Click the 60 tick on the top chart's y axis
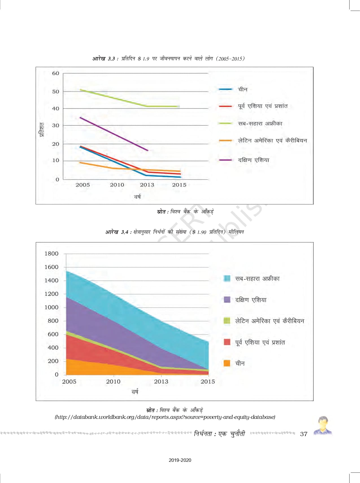pyautogui.click(x=56, y=73)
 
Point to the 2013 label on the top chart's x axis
pyautogui.click(x=147, y=185)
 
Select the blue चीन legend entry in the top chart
pyautogui.click(x=243, y=89)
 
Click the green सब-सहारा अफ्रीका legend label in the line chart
pyautogui.click(x=260, y=123)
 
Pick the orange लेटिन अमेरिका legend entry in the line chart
pyautogui.click(x=272, y=140)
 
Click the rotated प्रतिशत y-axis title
pyautogui.click(x=42, y=130)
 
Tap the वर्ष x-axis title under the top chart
pyautogui.click(x=137, y=197)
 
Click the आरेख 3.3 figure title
pyautogui.click(x=169, y=59)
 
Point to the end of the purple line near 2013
pyautogui.click(x=147, y=150)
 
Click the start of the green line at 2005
pyautogui.click(x=81, y=90)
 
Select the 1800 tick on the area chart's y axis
pyautogui.click(x=51, y=254)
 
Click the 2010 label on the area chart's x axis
pyautogui.click(x=113, y=382)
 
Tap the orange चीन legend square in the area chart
pyautogui.click(x=227, y=363)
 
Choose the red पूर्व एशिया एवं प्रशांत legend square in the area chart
pyautogui.click(x=227, y=342)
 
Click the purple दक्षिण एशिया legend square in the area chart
pyautogui.click(x=227, y=300)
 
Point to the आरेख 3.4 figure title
pyautogui.click(x=174, y=232)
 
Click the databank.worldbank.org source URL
pyautogui.click(x=165, y=417)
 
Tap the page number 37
pyautogui.click(x=304, y=434)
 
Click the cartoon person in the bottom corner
pyautogui.click(x=323, y=426)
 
